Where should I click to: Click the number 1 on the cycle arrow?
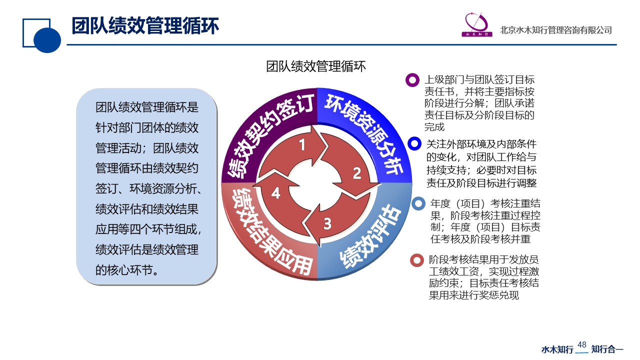tap(302, 144)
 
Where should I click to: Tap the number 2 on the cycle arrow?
tap(357, 173)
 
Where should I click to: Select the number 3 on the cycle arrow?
tap(327, 223)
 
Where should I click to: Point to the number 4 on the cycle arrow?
tap(275, 193)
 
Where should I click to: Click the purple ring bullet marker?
tap(412, 80)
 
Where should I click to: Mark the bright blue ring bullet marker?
tap(414, 143)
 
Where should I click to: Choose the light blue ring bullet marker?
tap(418, 203)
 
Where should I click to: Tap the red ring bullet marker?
tap(417, 260)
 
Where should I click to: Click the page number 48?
tap(581, 344)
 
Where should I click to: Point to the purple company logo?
tap(477, 25)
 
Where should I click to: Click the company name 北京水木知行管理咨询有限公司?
tap(555, 30)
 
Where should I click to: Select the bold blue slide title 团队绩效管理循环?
tap(145, 26)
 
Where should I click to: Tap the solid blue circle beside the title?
tap(47, 40)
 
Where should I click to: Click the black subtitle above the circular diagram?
tap(315, 66)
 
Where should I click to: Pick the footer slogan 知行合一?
tap(607, 349)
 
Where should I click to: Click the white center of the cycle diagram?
tap(316, 185)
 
